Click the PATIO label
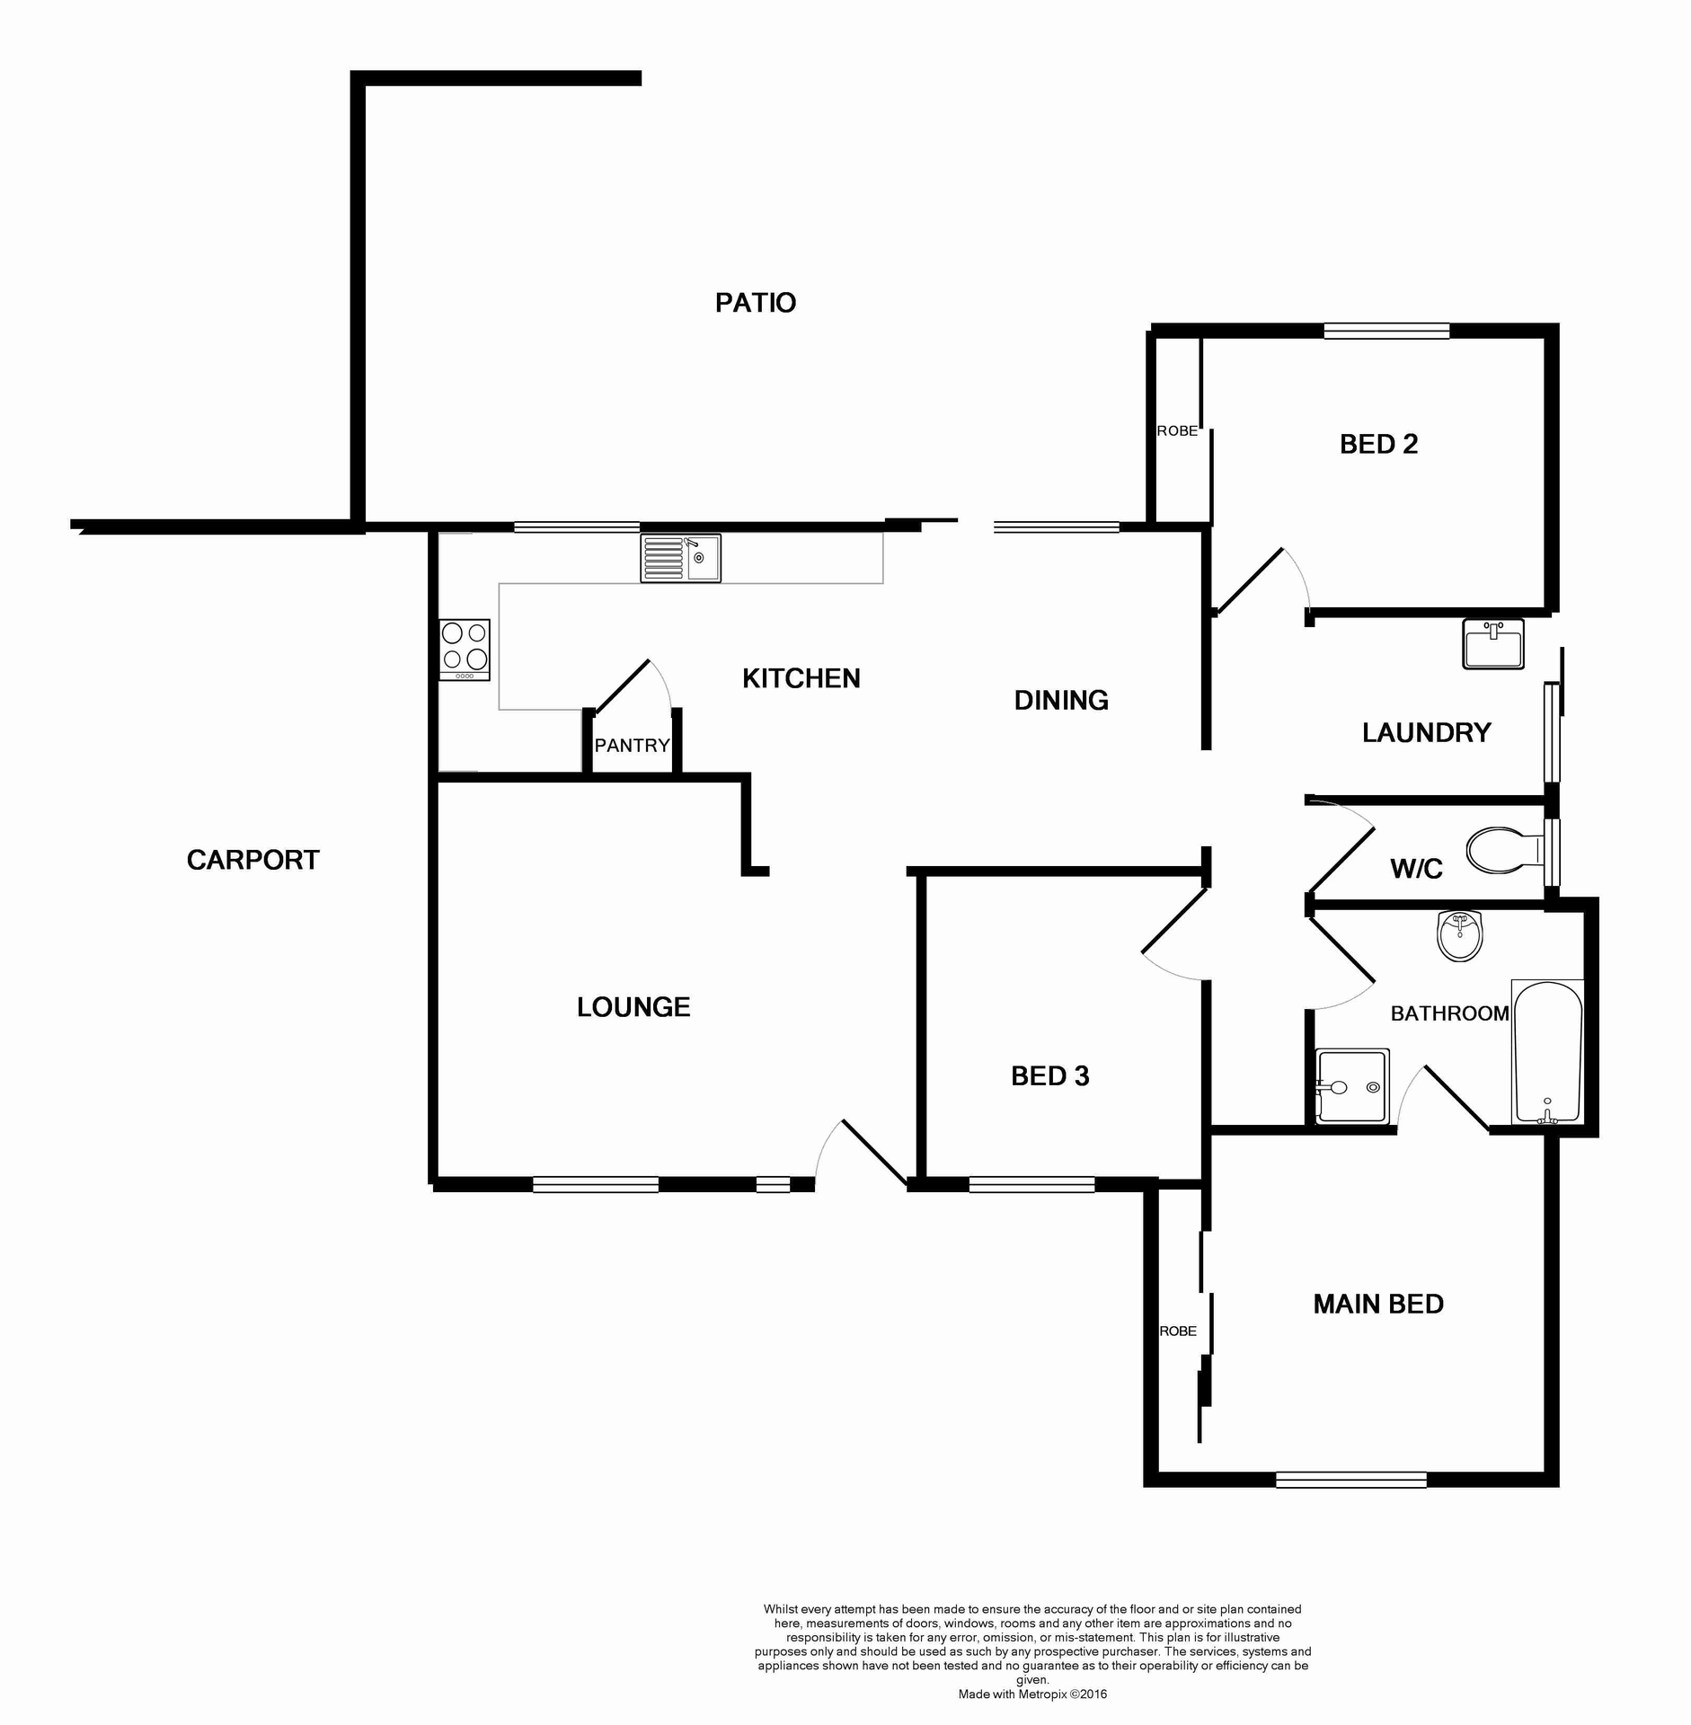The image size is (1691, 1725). pos(755,303)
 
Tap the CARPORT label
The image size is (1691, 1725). pos(252,860)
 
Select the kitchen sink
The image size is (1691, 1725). pos(680,558)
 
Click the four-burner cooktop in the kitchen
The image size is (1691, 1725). pos(465,649)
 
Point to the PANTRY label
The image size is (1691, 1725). pos(632,745)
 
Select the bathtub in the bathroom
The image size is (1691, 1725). pos(1547,1052)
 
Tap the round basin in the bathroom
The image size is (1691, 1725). pos(1459,935)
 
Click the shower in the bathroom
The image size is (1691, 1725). pos(1351,1085)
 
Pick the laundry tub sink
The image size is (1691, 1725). pos(1493,643)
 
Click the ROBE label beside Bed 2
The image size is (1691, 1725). pos(1177,431)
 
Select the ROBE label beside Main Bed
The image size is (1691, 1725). pos(1177,1331)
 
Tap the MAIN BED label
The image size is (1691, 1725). pos(1377,1304)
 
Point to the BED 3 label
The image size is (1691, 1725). pos(1049,1075)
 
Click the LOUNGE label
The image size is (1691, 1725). pos(633,1007)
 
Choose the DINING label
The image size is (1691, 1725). pos(1061,700)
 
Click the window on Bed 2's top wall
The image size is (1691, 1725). pos(1386,331)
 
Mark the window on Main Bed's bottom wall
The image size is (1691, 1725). pos(1350,1479)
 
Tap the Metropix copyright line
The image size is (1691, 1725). pos(1032,1694)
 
